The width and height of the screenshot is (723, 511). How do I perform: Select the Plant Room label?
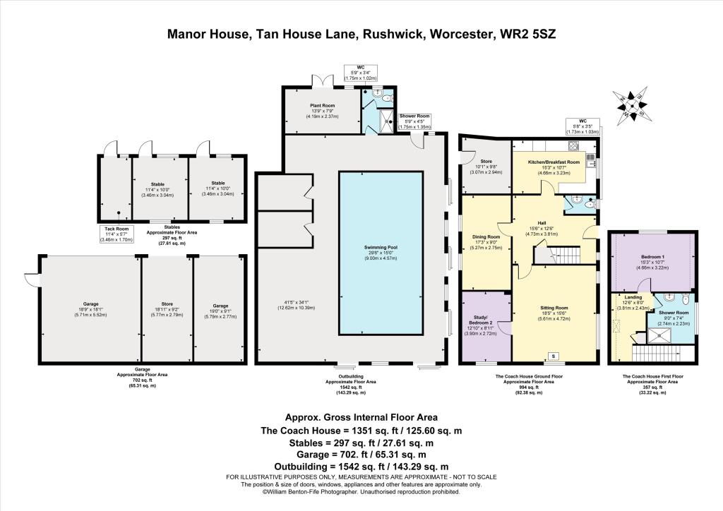tap(322, 105)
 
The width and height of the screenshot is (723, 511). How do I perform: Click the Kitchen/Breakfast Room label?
tap(554, 162)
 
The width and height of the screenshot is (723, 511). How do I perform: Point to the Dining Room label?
tap(485, 237)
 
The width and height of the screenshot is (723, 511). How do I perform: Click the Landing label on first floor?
tap(628, 297)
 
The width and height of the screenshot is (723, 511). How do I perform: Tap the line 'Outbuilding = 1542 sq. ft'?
tap(361, 467)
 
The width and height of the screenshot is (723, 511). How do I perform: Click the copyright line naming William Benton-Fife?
tap(361, 492)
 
